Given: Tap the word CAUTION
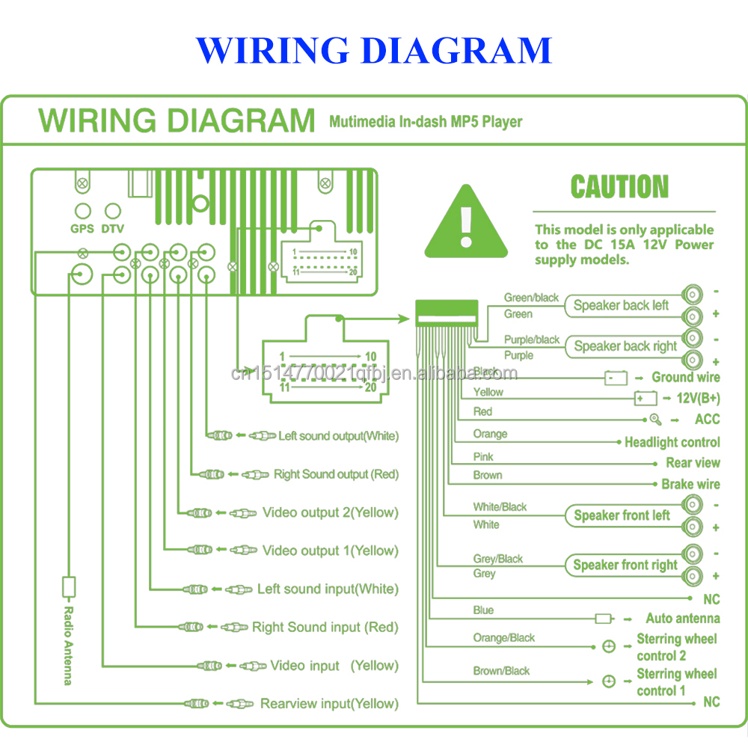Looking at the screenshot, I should pyautogui.click(x=619, y=187).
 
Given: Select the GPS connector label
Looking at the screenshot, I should pyautogui.click(x=82, y=229).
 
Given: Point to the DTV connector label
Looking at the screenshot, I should pyautogui.click(x=112, y=229).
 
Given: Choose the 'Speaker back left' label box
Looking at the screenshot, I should pyautogui.click(x=621, y=305).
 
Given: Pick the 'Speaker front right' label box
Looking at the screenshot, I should pyautogui.click(x=625, y=565).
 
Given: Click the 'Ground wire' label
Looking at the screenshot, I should pyautogui.click(x=685, y=378).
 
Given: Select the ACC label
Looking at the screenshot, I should pyautogui.click(x=707, y=420).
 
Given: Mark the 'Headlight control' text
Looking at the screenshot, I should pyautogui.click(x=672, y=442).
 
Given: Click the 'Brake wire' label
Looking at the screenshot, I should pyautogui.click(x=690, y=484).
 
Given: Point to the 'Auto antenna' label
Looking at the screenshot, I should pyautogui.click(x=682, y=619).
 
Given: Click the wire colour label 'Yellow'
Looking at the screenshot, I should pyautogui.click(x=488, y=392).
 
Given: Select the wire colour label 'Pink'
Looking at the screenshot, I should pyautogui.click(x=483, y=456).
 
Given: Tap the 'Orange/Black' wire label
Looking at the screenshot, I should pyautogui.click(x=503, y=638).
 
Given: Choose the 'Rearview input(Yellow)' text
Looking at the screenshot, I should pyautogui.click(x=329, y=704).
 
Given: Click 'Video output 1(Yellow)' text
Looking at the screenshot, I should pyautogui.click(x=330, y=551).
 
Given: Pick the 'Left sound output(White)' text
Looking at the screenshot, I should pyautogui.click(x=338, y=436).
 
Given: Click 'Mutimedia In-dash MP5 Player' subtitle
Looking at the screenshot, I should pyautogui.click(x=426, y=122).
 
